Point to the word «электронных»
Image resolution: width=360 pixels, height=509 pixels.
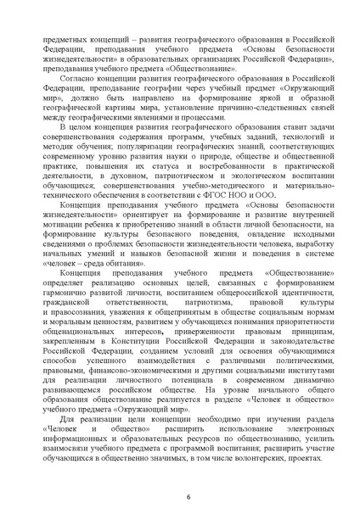pos(301,419)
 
